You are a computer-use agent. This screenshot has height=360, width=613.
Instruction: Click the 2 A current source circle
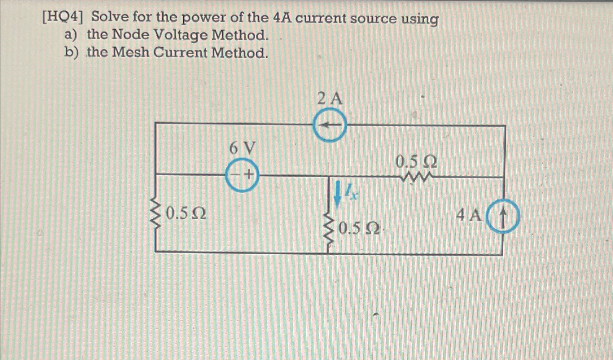[x=329, y=126]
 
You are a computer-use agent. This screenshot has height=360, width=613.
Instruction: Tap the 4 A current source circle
[x=503, y=216]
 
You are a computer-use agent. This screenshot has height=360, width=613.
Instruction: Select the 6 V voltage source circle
[x=242, y=175]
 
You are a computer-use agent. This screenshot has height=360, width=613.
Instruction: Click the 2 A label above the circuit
[x=329, y=98]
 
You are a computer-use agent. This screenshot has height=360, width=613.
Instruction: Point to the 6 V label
[x=242, y=148]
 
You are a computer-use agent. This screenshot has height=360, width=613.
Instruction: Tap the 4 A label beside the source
[x=468, y=216]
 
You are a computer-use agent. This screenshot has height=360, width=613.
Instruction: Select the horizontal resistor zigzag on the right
[x=416, y=177]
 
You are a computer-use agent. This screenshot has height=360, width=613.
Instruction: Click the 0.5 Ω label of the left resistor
[x=186, y=214]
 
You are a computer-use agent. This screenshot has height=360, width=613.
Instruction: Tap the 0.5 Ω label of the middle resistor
[x=359, y=228]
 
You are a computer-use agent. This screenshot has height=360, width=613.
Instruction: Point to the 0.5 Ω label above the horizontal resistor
[x=416, y=162]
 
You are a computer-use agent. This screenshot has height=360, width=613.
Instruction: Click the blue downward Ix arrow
[x=337, y=194]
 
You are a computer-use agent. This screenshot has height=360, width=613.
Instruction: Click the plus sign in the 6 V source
[x=248, y=175]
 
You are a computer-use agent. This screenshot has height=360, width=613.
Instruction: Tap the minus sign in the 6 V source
[x=235, y=175]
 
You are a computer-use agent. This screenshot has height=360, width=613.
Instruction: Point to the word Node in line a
[x=130, y=35]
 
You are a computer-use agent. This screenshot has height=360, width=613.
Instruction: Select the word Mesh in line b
[x=130, y=53]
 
